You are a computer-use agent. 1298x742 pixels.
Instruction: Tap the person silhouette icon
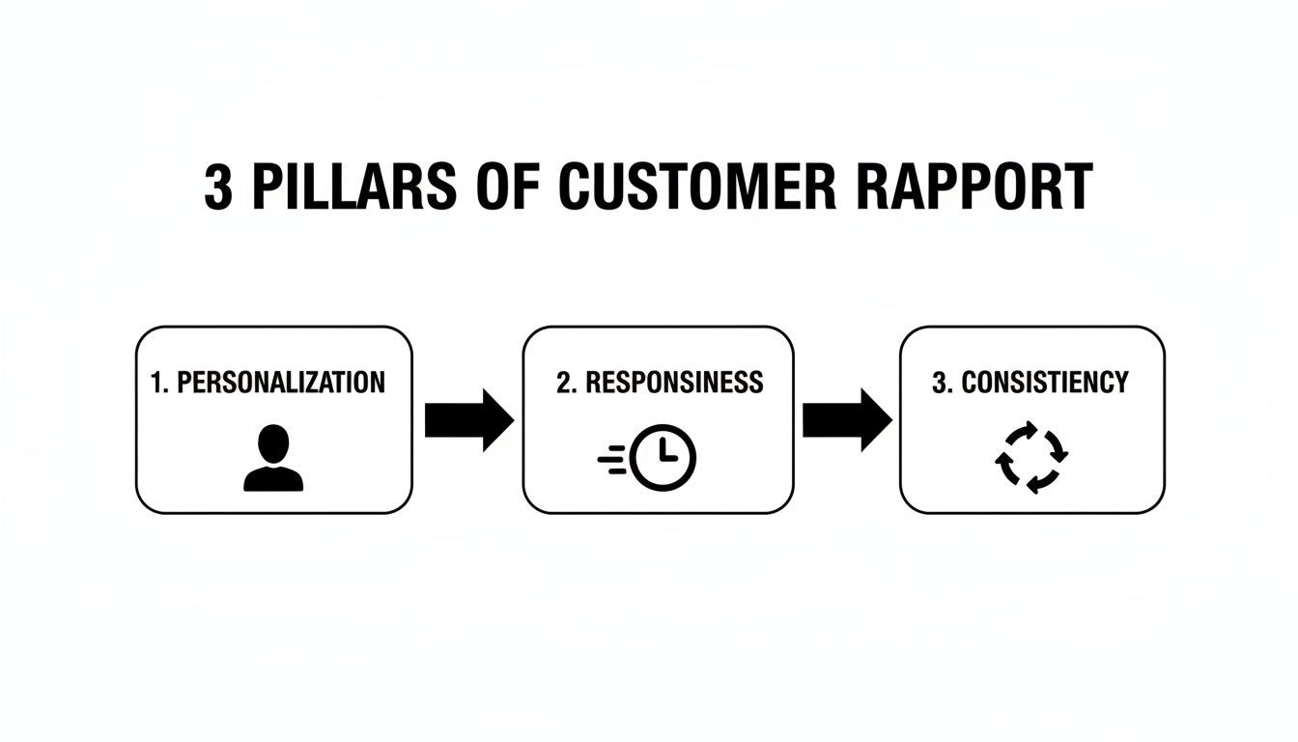coord(273,460)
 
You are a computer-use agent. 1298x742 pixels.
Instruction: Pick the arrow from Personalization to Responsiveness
coord(468,420)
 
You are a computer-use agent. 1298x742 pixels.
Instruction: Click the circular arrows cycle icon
coord(1030,457)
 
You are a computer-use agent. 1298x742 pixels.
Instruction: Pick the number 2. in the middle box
coord(566,383)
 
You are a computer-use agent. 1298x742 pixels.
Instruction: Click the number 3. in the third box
coord(942,383)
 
